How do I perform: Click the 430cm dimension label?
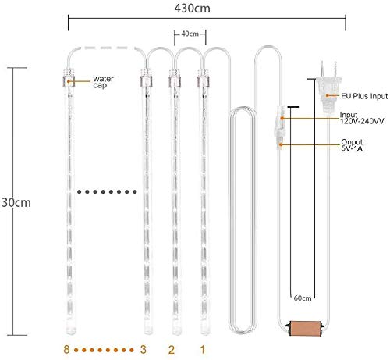pos(192,9)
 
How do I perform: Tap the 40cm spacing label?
pos(190,34)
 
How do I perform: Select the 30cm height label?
pos(16,202)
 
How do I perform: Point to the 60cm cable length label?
pos(303,298)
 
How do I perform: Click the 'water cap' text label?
pos(103,82)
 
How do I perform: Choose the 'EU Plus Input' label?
pos(364,96)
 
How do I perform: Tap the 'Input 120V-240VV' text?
pos(362,118)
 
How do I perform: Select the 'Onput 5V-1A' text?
pos(352,145)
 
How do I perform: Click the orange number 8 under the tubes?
pos(66,349)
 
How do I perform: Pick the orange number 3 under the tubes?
pos(143,349)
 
